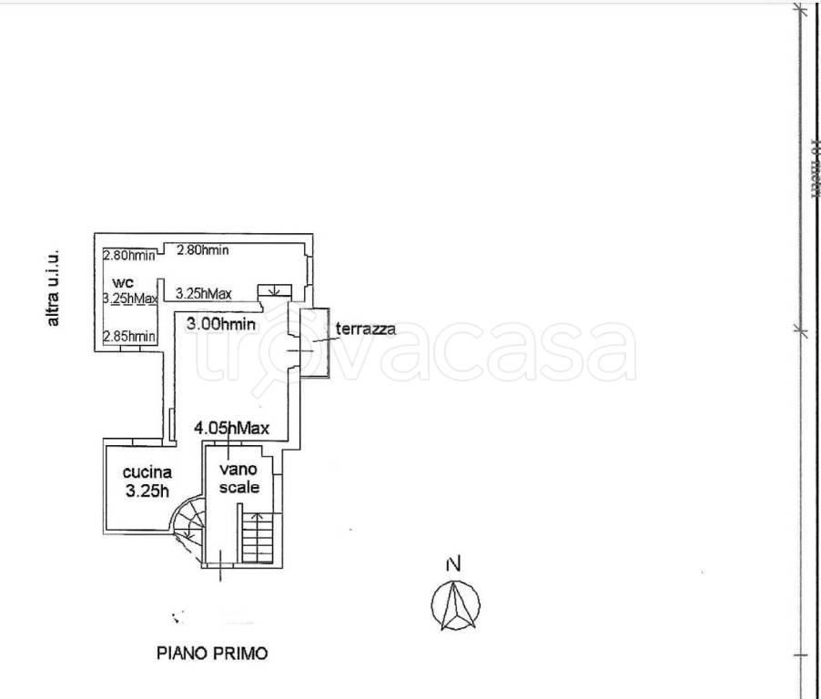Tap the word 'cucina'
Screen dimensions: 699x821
(147, 472)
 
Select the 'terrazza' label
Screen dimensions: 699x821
(366, 329)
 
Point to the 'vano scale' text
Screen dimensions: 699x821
(240, 479)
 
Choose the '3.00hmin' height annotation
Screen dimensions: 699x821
(220, 323)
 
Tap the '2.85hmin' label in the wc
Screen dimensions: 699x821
(129, 337)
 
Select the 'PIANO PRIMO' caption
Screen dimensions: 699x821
(213, 653)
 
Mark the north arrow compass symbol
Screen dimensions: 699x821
(455, 604)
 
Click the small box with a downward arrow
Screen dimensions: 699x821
(274, 291)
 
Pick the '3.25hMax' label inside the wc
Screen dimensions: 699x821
(131, 298)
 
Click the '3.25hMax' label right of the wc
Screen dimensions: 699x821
(203, 293)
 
